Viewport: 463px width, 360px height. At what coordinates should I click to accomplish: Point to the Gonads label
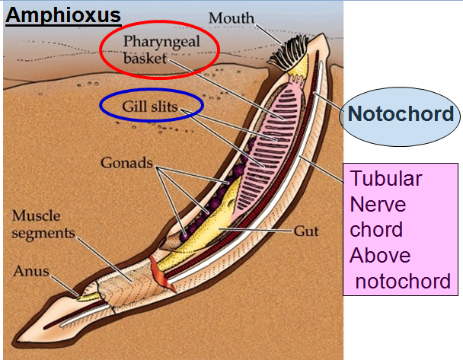point(125,163)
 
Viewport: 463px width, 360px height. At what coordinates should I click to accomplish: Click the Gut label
point(306,230)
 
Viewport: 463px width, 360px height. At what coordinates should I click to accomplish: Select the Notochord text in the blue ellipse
point(401,115)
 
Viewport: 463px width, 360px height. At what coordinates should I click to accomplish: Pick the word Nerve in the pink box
point(378,205)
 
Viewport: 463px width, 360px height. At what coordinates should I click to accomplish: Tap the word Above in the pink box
point(380,255)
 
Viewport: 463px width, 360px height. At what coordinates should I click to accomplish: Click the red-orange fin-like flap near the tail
point(160,272)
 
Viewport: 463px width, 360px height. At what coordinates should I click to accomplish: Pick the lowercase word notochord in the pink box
point(404,281)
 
